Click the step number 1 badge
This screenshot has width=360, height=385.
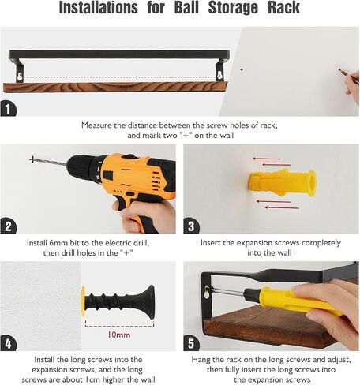coord(8,109)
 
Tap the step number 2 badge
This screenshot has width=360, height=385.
coord(8,226)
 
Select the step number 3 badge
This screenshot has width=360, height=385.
coord(191,226)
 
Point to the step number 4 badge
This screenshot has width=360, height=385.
coord(8,343)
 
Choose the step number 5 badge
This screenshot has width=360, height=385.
coord(191,343)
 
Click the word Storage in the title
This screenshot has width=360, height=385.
coord(233,8)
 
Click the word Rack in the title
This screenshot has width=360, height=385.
coord(283,8)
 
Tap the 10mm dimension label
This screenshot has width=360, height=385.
coord(118,335)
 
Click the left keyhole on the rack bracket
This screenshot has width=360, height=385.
coord(20,77)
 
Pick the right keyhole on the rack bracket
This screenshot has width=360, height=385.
coord(220,77)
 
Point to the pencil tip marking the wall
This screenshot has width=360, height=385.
coord(339,69)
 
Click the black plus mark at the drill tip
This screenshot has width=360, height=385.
coord(32,159)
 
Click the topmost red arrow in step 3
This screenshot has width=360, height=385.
coord(267,159)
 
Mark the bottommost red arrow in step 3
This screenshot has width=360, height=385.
coord(282,207)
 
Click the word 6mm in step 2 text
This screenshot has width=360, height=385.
coord(58,243)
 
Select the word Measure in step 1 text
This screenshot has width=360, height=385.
coord(96,125)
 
